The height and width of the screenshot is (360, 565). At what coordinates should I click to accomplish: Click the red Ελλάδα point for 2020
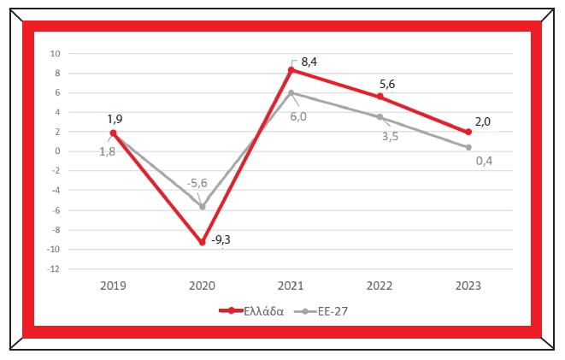(x=202, y=243)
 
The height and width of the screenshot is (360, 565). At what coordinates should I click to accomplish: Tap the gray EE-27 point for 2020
(x=202, y=206)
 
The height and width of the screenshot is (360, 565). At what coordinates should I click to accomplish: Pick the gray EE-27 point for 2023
(x=468, y=147)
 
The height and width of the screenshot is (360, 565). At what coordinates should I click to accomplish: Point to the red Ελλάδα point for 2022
(x=380, y=97)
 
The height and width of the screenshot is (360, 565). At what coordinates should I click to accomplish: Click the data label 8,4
(x=309, y=62)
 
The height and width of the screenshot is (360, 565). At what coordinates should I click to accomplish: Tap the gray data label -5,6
(x=198, y=183)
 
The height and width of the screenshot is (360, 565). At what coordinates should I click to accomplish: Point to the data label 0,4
(x=483, y=160)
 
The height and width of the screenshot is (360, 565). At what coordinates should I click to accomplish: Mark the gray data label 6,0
(x=298, y=116)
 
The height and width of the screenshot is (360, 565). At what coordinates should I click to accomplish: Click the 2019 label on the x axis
(x=113, y=286)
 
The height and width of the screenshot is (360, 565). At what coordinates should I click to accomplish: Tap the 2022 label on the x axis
(x=380, y=286)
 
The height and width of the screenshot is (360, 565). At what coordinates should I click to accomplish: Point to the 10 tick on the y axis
(x=54, y=53)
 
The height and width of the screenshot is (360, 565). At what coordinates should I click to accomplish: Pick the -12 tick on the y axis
(x=52, y=269)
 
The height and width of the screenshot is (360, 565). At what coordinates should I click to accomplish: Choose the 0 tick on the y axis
(x=56, y=151)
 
